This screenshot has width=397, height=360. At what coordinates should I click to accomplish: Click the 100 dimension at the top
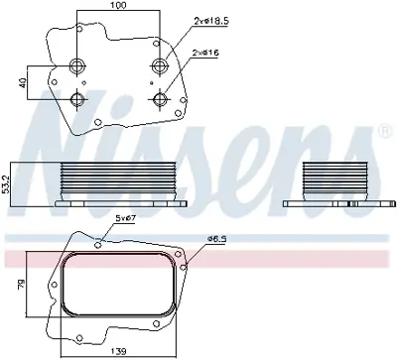click(119, 6)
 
